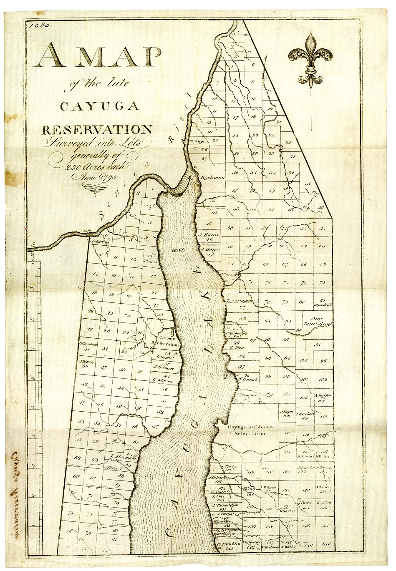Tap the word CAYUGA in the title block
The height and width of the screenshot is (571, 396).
pos(99,106)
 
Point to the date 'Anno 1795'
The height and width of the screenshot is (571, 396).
pos(96,177)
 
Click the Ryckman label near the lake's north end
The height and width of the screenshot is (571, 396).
pos(212,177)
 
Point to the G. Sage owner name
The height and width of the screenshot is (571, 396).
pos(197,141)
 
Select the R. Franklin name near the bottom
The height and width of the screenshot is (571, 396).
pos(229,544)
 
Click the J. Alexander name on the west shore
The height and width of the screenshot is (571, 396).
pos(121,456)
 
